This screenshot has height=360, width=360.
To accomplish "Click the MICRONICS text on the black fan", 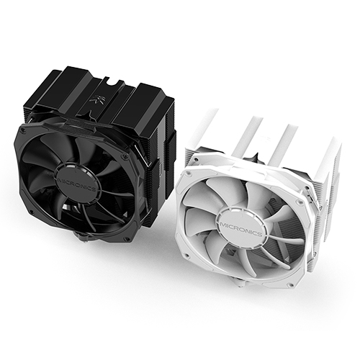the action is [76, 184].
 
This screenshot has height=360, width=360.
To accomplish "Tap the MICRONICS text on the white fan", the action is [240, 229].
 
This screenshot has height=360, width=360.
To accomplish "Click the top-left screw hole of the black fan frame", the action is [23, 131].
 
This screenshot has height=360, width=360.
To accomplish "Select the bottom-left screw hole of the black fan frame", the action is [32, 212].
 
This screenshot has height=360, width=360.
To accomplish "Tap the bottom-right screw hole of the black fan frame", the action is [125, 239].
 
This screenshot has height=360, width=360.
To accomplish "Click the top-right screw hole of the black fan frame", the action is [124, 158].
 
